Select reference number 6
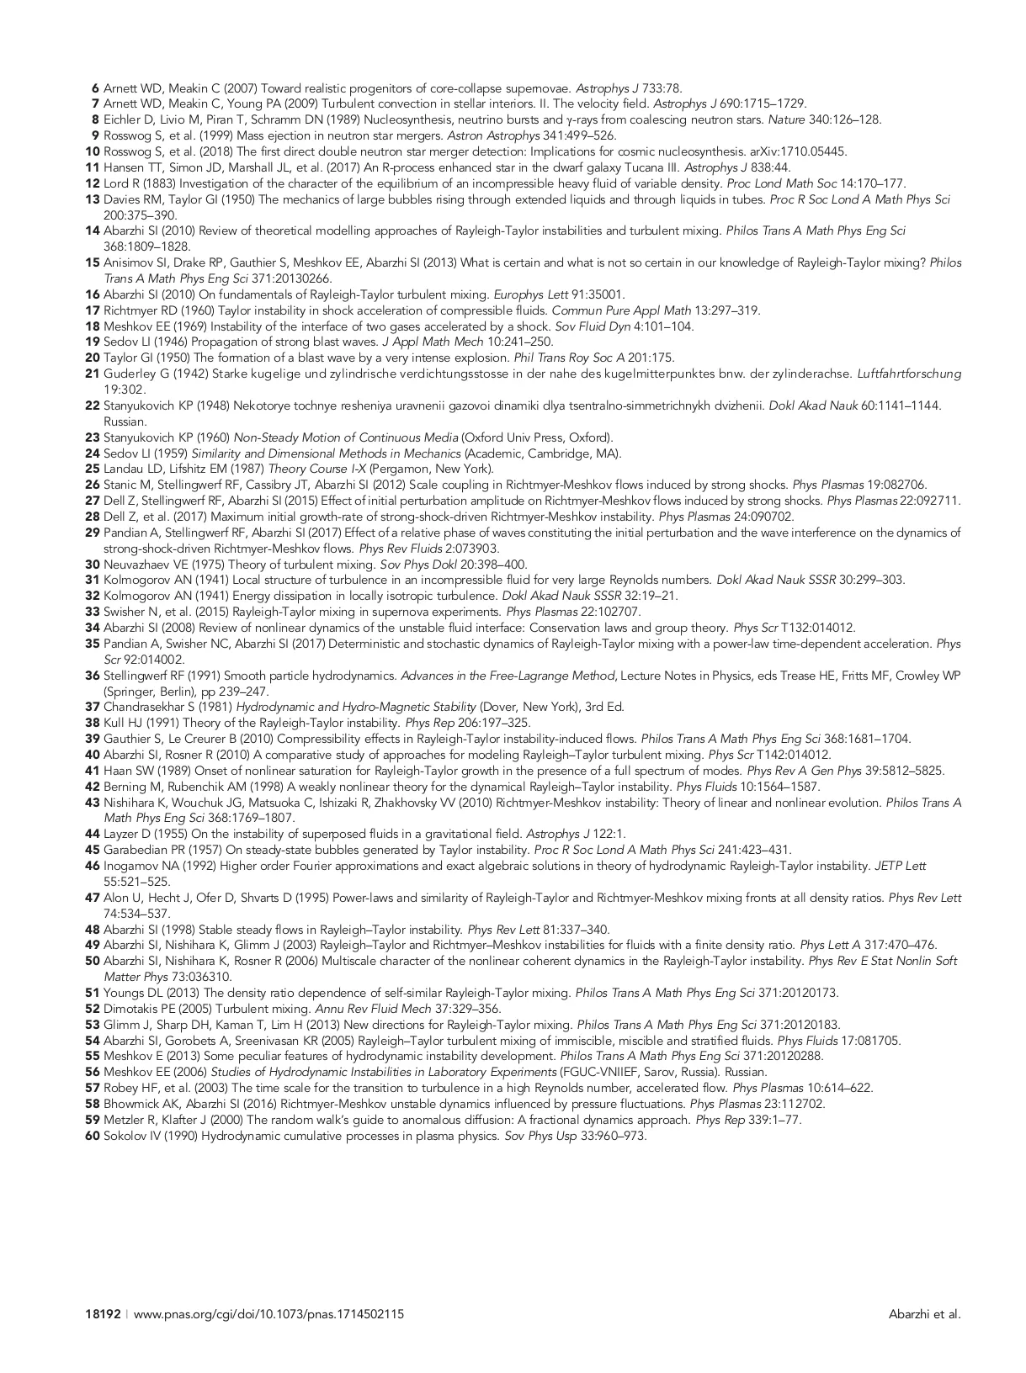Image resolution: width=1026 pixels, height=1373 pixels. (x=95, y=88)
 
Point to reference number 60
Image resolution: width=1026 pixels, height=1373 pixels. (x=93, y=1136)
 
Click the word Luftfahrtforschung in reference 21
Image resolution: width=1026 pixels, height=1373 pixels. (x=909, y=374)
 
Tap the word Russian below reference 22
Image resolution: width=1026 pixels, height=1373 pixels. (x=125, y=421)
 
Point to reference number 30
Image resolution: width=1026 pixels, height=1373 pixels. (x=93, y=565)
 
